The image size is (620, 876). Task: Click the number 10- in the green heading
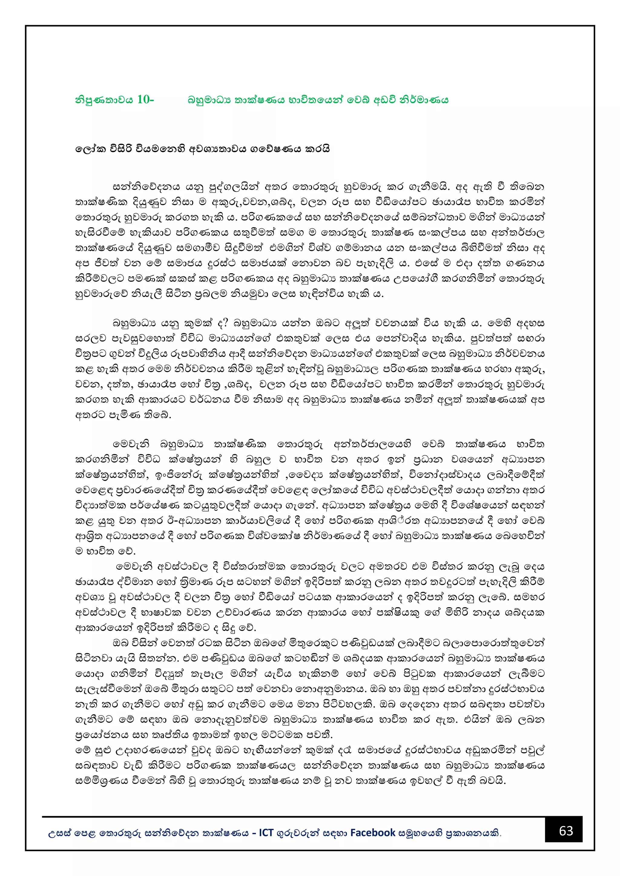click(x=145, y=100)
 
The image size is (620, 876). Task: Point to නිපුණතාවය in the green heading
click(x=104, y=100)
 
